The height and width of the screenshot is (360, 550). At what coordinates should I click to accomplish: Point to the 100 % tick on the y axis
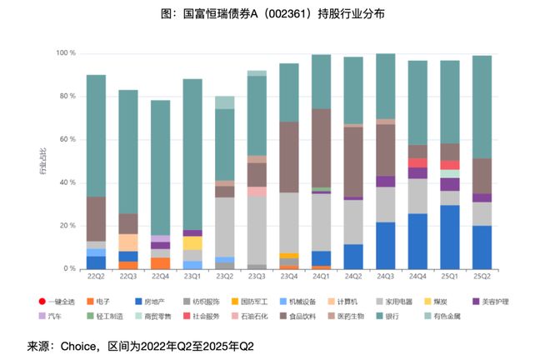pyautogui.click(x=65, y=53)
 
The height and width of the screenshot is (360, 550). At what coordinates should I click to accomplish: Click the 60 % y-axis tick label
pyautogui.click(x=67, y=139)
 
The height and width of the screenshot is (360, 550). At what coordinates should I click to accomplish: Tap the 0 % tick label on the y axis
pyautogui.click(x=70, y=269)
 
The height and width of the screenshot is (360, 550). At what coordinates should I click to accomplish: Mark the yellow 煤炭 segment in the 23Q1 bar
pyautogui.click(x=192, y=242)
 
